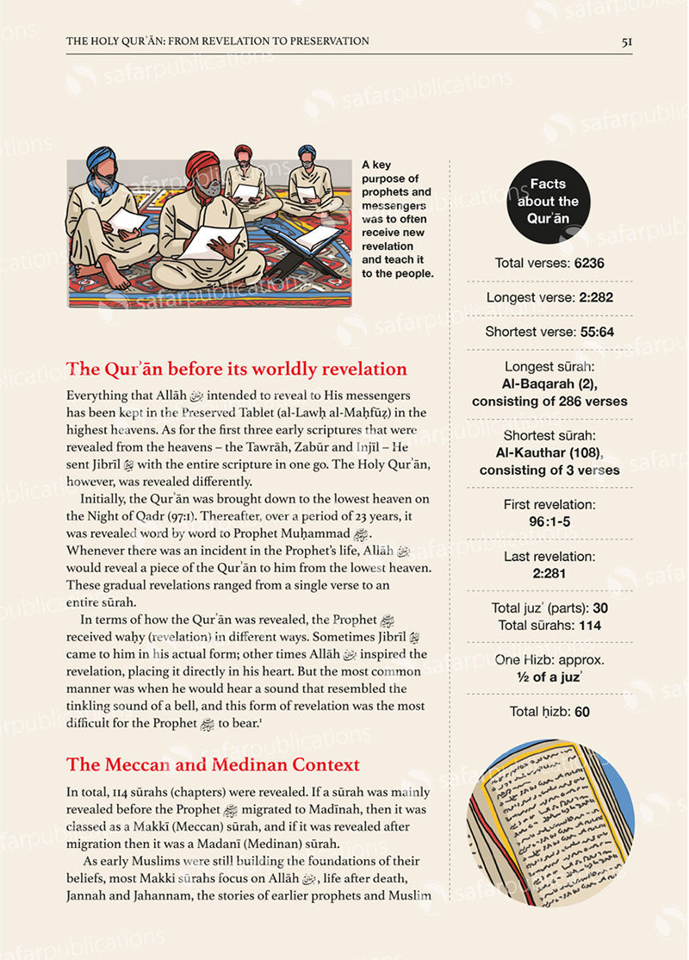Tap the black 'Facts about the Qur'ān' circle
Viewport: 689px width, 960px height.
tap(548, 202)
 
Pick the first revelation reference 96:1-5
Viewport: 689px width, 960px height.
tap(549, 521)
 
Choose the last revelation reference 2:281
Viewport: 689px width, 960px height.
tap(549, 573)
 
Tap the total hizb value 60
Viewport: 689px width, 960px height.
tap(581, 712)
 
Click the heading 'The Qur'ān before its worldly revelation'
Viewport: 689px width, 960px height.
tap(237, 370)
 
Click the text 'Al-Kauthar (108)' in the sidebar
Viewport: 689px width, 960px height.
tap(549, 453)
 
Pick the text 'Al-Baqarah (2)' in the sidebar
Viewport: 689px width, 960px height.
tap(549, 384)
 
